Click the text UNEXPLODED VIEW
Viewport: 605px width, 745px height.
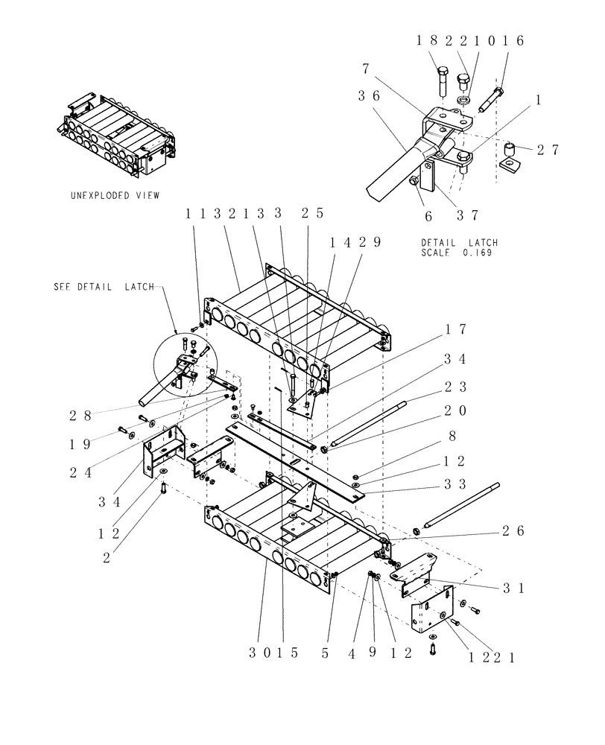[115, 196]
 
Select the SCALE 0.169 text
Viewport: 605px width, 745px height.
[458, 252]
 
